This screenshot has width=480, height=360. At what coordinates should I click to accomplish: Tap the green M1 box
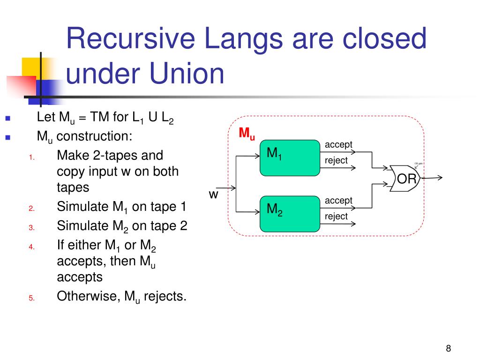(289, 157)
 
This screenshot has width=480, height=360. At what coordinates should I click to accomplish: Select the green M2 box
(289, 214)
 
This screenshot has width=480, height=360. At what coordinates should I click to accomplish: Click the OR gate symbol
(404, 179)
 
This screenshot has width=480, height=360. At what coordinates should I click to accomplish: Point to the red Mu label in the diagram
(247, 134)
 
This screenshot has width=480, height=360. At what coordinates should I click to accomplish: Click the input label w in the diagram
(213, 194)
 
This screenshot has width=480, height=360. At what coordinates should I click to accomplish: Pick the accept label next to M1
(338, 144)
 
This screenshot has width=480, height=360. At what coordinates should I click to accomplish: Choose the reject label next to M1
(336, 160)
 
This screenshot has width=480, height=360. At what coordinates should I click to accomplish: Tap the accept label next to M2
(338, 201)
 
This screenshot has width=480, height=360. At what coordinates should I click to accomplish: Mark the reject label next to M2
(336, 216)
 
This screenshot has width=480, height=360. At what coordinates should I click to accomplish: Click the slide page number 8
(449, 348)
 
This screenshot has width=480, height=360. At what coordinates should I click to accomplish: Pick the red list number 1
(31, 157)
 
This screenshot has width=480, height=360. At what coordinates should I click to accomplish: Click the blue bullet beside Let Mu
(7, 118)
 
